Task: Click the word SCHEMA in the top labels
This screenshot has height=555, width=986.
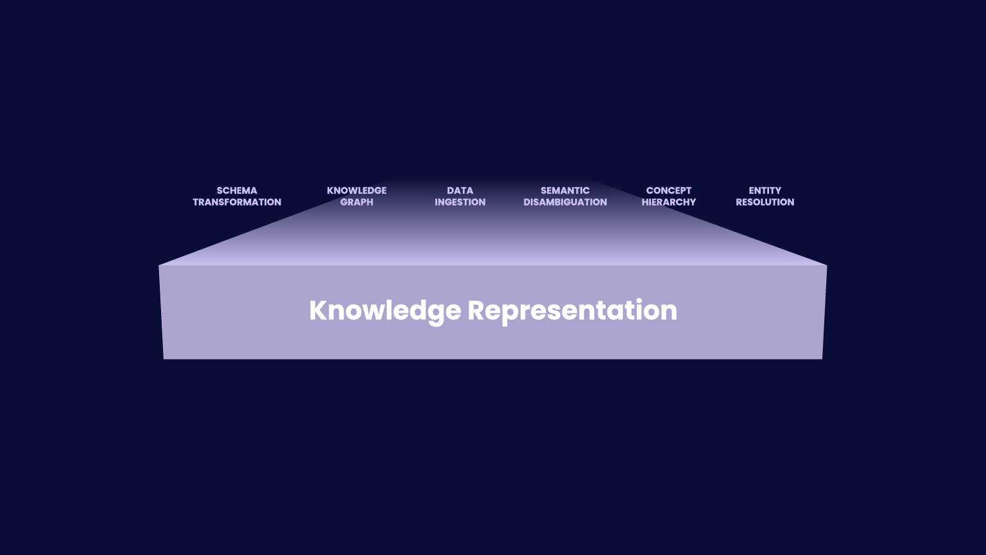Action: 237,191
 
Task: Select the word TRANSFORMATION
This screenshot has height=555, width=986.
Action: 237,202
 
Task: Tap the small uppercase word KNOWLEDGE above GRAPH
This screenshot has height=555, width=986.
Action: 356,191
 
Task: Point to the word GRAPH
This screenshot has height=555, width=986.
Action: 356,202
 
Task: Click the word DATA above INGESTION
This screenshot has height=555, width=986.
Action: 460,191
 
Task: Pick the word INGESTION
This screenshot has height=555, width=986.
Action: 460,202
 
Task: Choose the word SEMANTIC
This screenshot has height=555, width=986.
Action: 565,191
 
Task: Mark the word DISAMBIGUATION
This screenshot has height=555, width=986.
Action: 565,202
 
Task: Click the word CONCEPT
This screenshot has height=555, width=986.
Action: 668,191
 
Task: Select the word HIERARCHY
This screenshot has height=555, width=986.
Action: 668,202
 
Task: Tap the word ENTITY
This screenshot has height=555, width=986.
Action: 765,191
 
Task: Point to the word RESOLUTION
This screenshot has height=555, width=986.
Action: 765,202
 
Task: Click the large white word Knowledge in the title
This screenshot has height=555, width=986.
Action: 385,310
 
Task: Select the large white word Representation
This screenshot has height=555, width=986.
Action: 572,310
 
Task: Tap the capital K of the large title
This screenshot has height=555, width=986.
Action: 318,310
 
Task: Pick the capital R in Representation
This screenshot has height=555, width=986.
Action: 476,310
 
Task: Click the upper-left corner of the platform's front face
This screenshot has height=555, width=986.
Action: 159,266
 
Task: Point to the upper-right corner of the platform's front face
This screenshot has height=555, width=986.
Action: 827,266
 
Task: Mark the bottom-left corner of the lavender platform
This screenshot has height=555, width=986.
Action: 164,358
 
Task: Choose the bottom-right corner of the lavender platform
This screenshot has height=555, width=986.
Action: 822,358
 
